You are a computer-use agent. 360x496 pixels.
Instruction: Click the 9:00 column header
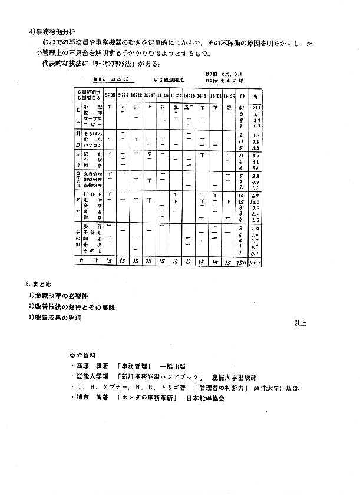110,95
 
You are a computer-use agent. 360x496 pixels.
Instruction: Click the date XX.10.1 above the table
227,74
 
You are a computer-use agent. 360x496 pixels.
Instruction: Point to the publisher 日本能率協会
206,398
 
